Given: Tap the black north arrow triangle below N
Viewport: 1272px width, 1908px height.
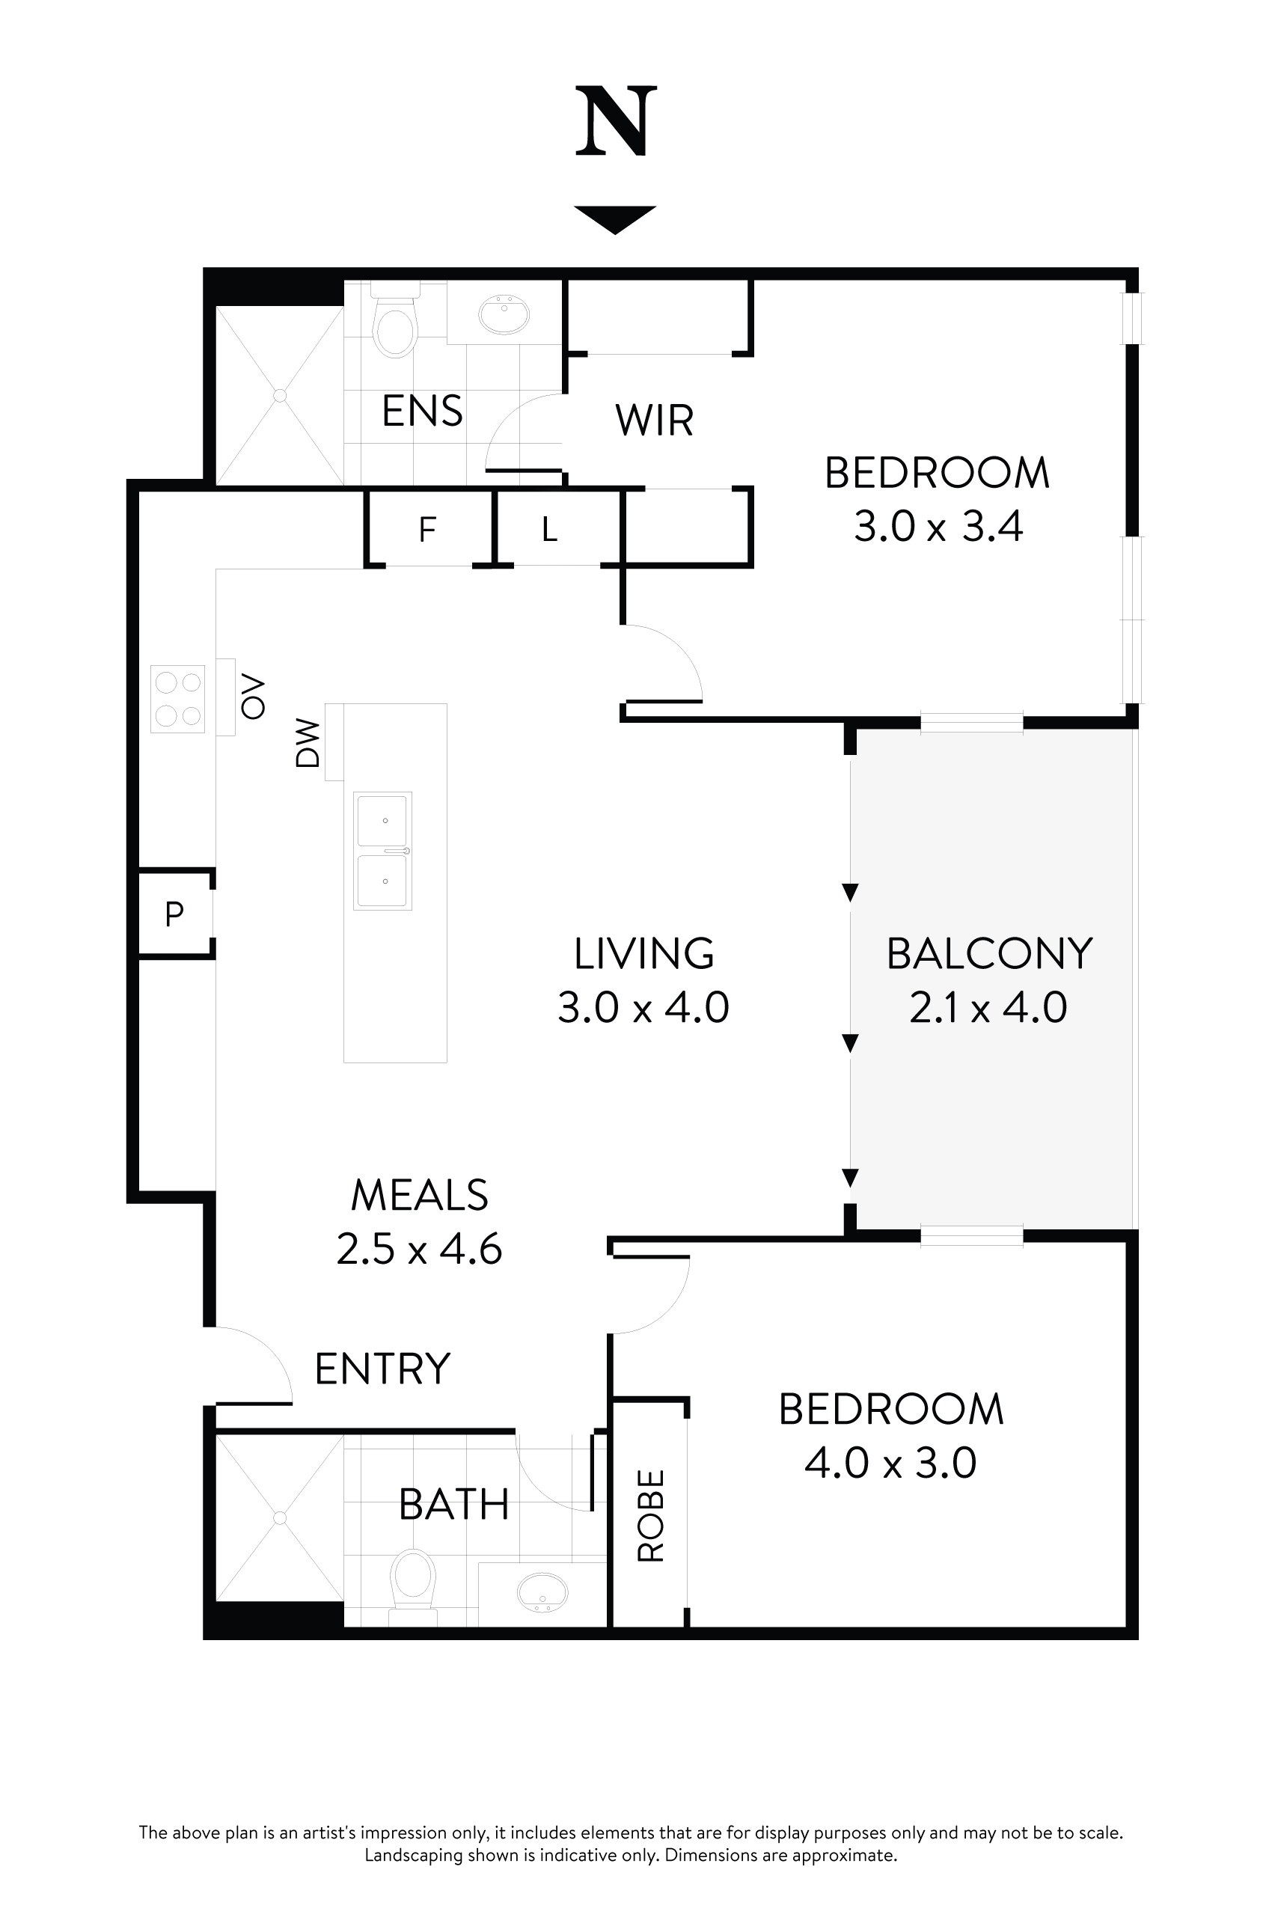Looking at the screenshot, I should (x=615, y=218).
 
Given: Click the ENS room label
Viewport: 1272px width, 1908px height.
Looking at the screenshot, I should (x=422, y=412).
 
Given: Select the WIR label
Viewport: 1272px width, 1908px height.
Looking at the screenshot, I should (x=654, y=421).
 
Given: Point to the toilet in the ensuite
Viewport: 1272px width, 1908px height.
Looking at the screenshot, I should (x=395, y=326).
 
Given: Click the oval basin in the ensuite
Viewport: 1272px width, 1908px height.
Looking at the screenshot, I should (x=504, y=314).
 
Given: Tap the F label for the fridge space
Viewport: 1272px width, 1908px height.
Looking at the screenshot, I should (x=427, y=530).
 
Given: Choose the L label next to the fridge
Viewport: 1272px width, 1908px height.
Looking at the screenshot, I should (x=550, y=530).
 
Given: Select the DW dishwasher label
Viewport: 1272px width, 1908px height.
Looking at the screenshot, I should (x=308, y=742).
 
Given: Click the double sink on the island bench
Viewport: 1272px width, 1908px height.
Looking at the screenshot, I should (x=383, y=851).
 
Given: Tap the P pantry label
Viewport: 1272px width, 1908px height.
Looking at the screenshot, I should (x=174, y=914).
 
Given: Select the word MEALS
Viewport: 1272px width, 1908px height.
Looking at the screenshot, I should (x=420, y=1195).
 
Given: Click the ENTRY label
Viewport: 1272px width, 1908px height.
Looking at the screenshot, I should (x=382, y=1369).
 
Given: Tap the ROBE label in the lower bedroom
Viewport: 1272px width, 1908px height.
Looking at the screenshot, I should (x=652, y=1515).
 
